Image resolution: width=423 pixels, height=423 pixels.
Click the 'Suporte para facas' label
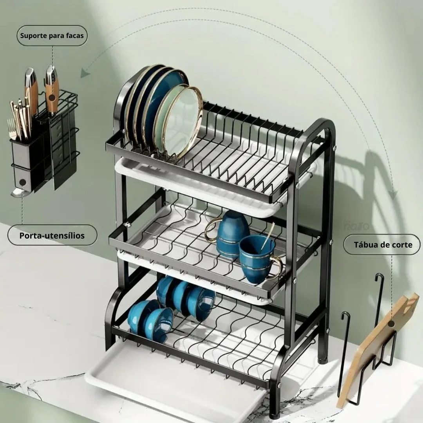coord(52,36)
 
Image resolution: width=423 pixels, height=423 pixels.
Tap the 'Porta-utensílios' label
coord(52,235)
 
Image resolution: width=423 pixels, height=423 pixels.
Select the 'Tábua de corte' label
coord(383,245)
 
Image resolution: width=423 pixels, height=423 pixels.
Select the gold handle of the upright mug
coord(276,267)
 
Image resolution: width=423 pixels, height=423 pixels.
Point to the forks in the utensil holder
coord(12,128)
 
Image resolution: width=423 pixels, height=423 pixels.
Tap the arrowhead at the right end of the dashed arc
coord(394,195)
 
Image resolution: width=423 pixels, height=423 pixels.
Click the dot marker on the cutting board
coord(391,324)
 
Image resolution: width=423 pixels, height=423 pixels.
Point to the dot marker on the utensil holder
coord(23,183)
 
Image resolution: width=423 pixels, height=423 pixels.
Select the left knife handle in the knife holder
coord(31,89)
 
